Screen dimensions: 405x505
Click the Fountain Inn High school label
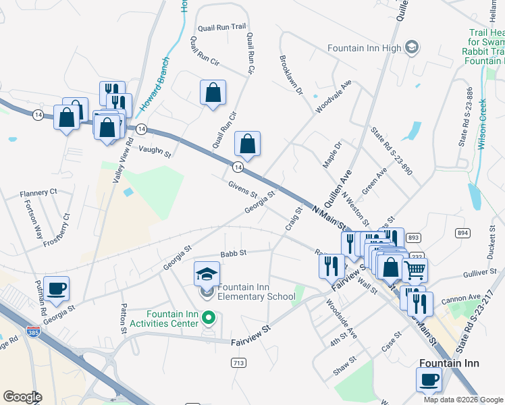pos(365,48)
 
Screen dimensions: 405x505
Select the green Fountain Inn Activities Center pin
pos(209,316)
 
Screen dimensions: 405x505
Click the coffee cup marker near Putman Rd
pos(56,289)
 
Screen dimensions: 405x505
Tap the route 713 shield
pos(238,363)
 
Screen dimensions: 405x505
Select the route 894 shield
pos(462,232)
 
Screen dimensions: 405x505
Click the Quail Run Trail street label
pos(221,28)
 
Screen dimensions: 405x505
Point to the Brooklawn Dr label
pos(291,75)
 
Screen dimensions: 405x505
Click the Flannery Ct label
pos(38,192)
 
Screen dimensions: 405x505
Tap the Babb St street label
pos(234,253)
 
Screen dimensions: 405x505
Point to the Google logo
pos(22,397)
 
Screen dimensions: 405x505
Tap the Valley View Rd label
pos(122,159)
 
